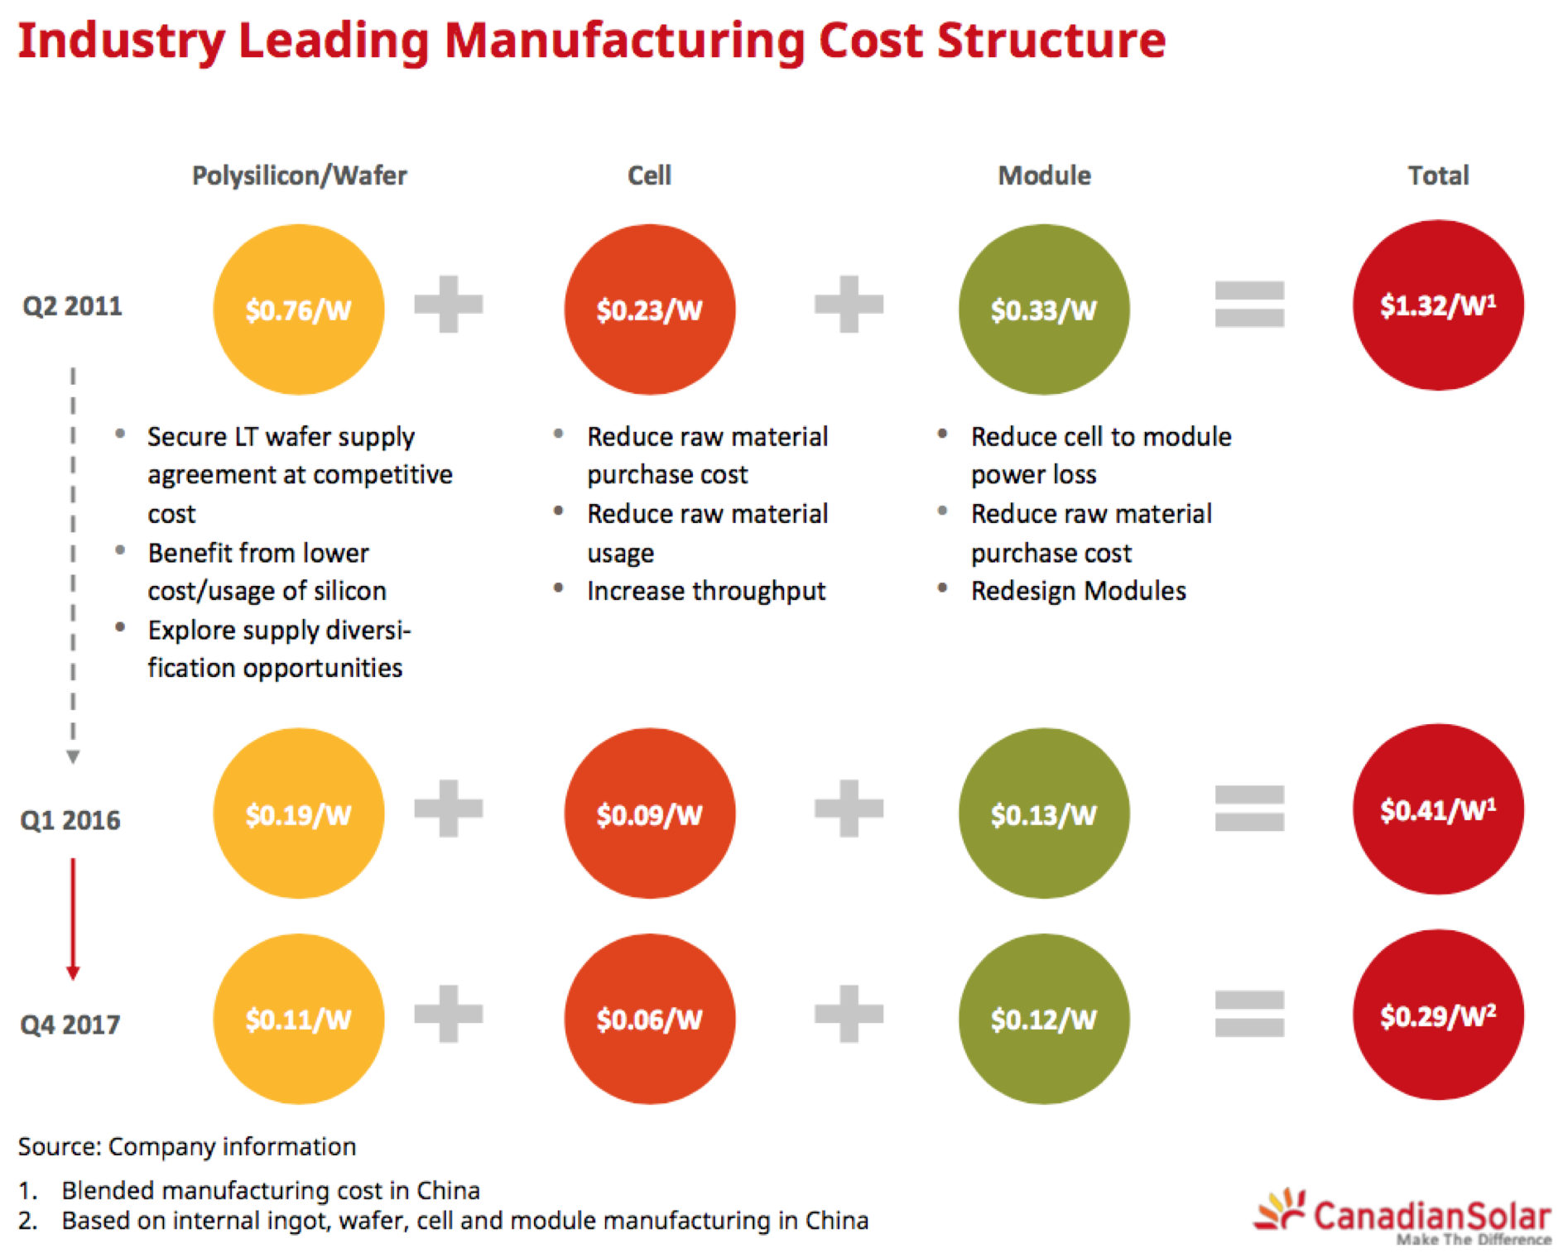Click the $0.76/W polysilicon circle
click(x=298, y=310)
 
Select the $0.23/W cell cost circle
click(x=649, y=310)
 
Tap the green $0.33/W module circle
click(x=1043, y=310)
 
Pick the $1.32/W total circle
click(x=1437, y=305)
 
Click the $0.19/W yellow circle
click(x=298, y=814)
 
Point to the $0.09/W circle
click(x=649, y=814)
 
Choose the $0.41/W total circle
click(x=1437, y=809)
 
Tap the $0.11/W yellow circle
click(x=298, y=1019)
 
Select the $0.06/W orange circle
click(x=649, y=1019)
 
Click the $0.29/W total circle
click(x=1437, y=1015)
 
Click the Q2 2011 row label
click(x=72, y=306)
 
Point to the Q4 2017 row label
click(x=70, y=1025)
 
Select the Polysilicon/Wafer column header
click(x=299, y=175)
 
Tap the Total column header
click(x=1438, y=175)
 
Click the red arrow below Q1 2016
click(x=73, y=919)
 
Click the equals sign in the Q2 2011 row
click(x=1248, y=304)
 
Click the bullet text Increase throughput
click(x=705, y=591)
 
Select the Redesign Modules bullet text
click(x=1078, y=591)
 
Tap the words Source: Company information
click(x=187, y=1146)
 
